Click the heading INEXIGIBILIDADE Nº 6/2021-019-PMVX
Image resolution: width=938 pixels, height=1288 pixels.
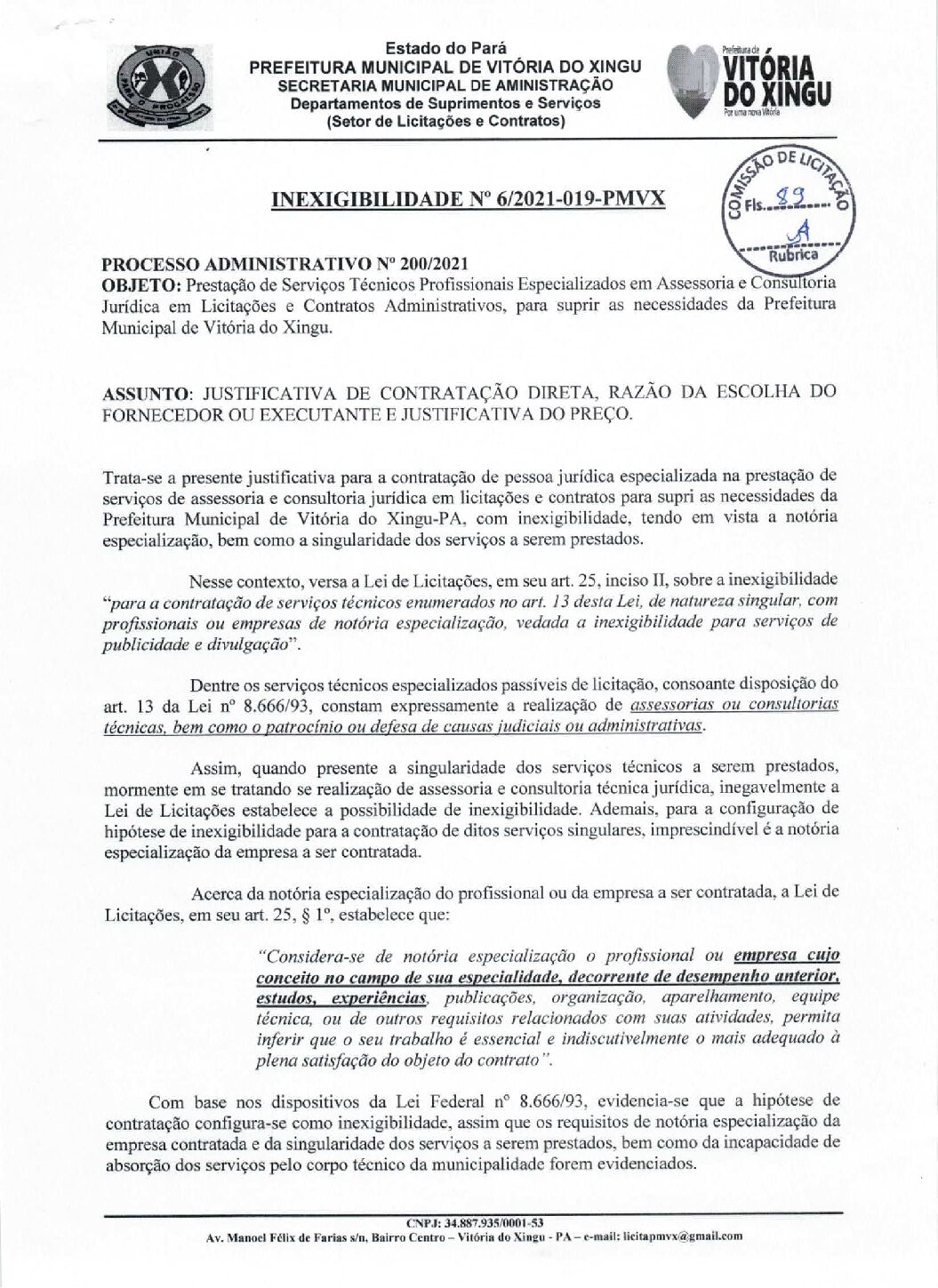(x=468, y=198)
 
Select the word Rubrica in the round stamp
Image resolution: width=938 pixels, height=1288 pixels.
(x=793, y=254)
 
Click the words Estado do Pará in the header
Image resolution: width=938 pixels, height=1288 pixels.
(x=445, y=49)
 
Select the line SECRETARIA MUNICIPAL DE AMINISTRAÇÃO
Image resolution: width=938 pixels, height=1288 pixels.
(x=445, y=85)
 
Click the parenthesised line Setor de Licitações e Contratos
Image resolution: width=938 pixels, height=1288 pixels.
(x=445, y=121)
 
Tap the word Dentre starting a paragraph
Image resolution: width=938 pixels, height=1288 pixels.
(x=216, y=684)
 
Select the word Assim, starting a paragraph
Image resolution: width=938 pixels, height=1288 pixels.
(x=216, y=768)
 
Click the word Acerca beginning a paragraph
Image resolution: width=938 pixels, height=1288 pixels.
(x=217, y=892)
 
